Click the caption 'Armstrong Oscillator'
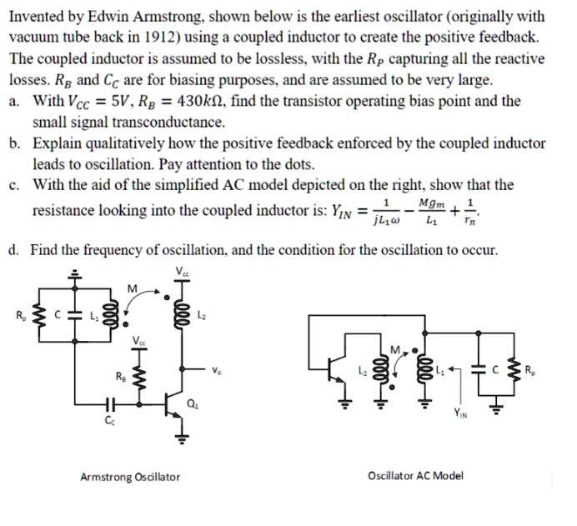pos(129,477)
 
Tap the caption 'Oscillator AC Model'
pos(415,477)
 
